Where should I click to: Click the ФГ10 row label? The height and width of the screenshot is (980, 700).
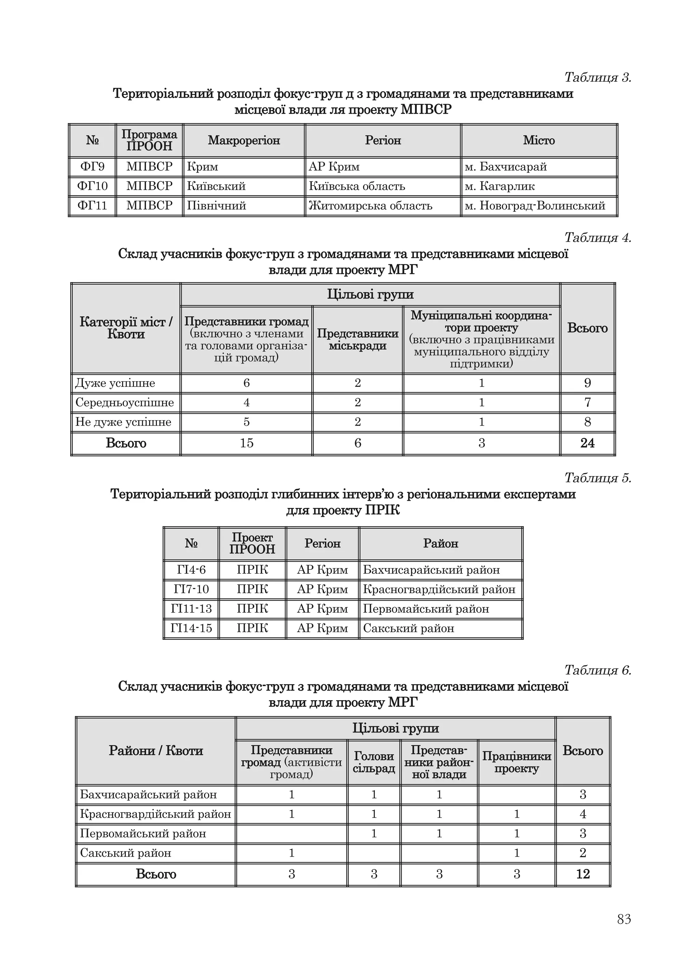[92, 186]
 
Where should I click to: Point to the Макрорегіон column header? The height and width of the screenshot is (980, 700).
[244, 140]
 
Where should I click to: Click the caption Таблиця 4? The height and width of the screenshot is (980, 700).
[597, 238]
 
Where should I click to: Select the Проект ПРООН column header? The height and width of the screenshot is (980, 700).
[252, 543]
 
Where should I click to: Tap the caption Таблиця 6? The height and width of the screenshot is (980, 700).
[597, 670]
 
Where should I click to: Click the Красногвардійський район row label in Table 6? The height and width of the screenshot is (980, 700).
[156, 814]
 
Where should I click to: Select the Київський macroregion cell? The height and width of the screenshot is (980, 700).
[216, 186]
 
